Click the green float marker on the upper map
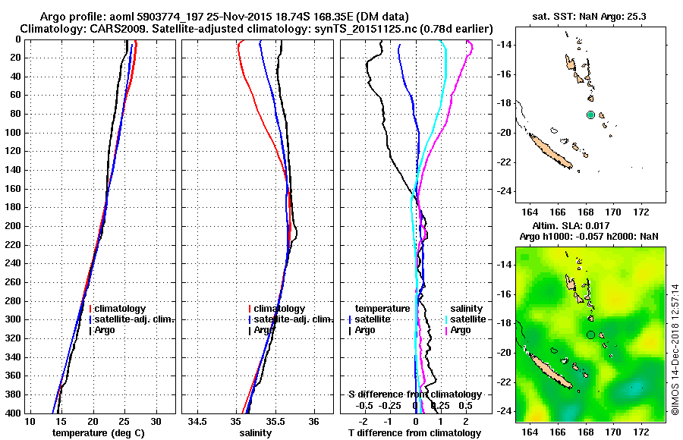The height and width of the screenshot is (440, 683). (590, 115)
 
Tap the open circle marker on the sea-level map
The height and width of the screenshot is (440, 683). (590, 335)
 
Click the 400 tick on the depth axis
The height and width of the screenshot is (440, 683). (14, 413)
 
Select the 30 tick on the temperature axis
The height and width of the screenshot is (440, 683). (156, 421)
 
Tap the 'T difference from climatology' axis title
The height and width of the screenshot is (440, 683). (414, 433)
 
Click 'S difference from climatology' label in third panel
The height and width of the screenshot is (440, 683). (414, 394)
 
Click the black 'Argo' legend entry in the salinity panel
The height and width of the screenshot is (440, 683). (263, 330)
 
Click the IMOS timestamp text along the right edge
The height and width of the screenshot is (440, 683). (675, 349)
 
